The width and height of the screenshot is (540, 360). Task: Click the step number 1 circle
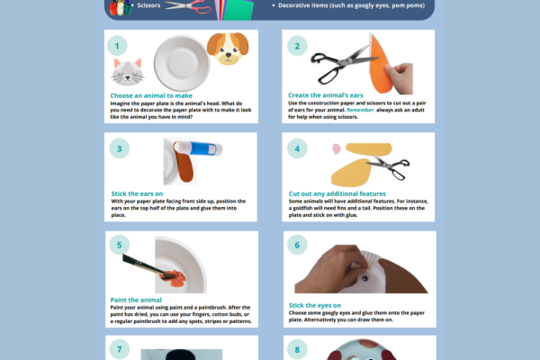coord(117,45)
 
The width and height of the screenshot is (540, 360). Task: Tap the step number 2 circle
coord(295,45)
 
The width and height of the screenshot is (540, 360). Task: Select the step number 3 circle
coord(117,148)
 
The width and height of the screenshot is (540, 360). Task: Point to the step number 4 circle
coord(295,148)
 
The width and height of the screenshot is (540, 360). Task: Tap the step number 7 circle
coord(117,348)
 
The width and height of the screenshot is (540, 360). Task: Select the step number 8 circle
coord(295,348)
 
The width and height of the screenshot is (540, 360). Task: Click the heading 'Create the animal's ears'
coord(323,95)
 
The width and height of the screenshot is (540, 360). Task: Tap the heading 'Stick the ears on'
coord(136,193)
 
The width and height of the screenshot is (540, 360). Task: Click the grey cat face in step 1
coord(129,70)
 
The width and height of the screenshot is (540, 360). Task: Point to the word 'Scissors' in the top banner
coord(149,5)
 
